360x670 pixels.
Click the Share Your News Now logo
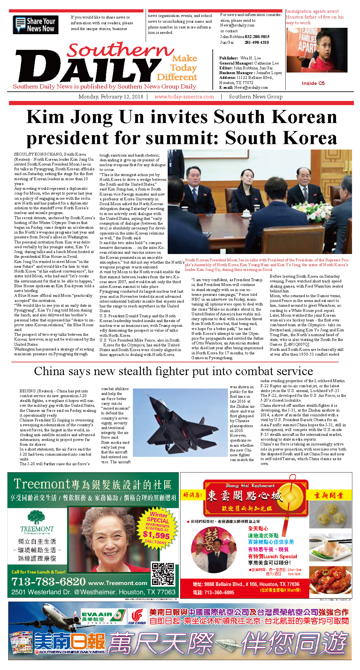35,25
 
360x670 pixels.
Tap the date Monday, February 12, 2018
111,96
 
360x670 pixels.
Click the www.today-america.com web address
184,96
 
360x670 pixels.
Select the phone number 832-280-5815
257,37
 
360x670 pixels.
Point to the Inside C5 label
313,83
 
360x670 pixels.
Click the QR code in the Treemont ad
163,574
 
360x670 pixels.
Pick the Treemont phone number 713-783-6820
49,581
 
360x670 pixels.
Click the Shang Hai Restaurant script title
250,485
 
